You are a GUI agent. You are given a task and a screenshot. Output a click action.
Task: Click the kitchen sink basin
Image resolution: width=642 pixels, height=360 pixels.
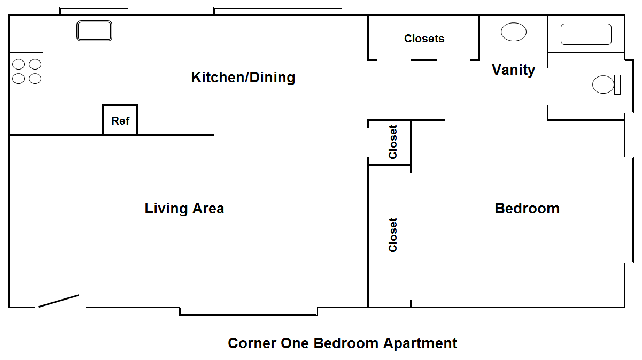pyautogui.click(x=94, y=30)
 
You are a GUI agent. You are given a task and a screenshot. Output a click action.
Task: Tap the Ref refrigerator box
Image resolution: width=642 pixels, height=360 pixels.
pyautogui.click(x=120, y=120)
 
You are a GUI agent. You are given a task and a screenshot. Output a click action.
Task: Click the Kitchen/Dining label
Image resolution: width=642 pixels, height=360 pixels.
pyautogui.click(x=243, y=78)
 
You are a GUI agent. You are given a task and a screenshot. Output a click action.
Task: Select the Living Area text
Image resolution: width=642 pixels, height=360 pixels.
pyautogui.click(x=184, y=209)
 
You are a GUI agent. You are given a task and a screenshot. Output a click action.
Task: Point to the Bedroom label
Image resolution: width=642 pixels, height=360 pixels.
pyautogui.click(x=527, y=209)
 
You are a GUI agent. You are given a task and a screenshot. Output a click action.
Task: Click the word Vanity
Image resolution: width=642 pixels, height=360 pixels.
pyautogui.click(x=513, y=70)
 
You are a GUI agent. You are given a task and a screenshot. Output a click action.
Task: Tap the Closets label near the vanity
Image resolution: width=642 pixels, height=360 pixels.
pyautogui.click(x=424, y=39)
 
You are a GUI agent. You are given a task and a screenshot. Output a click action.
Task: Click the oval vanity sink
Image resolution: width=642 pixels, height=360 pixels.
pyautogui.click(x=514, y=32)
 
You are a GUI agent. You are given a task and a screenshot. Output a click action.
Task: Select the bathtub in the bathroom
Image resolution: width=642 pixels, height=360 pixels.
pyautogui.click(x=586, y=34)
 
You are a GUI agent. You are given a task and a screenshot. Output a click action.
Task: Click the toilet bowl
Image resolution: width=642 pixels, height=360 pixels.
pyautogui.click(x=603, y=85)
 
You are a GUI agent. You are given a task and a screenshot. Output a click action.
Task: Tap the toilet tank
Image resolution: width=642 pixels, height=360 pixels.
pyautogui.click(x=617, y=85)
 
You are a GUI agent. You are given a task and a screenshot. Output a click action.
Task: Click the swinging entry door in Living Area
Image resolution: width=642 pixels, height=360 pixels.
pyautogui.click(x=59, y=301)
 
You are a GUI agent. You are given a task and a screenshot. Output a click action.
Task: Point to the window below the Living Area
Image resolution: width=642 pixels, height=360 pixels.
pyautogui.click(x=248, y=311)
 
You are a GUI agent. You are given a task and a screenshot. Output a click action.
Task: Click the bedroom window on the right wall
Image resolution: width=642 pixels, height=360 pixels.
pyautogui.click(x=629, y=210)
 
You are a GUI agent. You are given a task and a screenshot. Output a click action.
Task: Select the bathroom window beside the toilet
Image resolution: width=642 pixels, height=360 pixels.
pyautogui.click(x=629, y=86)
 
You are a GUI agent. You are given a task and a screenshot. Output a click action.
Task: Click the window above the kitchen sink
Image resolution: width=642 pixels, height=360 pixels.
pyautogui.click(x=94, y=11)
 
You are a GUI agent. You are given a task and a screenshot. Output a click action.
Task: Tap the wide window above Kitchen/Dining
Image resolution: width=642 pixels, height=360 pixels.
pyautogui.click(x=278, y=11)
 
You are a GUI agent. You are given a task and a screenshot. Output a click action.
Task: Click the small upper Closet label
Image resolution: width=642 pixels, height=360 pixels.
pyautogui.click(x=393, y=142)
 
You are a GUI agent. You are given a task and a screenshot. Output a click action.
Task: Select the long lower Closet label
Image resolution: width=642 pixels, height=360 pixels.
pyautogui.click(x=393, y=235)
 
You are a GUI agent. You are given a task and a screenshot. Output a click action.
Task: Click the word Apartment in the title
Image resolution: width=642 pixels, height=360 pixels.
pyautogui.click(x=420, y=343)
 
